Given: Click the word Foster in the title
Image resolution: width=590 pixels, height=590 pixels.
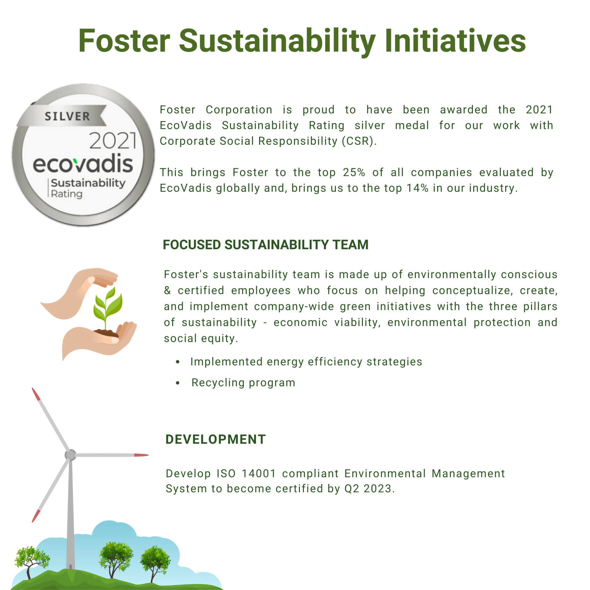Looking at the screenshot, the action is pyautogui.click(x=124, y=41).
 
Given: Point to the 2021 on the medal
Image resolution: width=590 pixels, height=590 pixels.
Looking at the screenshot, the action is pyautogui.click(x=113, y=140).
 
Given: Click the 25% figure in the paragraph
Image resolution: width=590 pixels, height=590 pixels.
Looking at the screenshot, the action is pyautogui.click(x=354, y=172).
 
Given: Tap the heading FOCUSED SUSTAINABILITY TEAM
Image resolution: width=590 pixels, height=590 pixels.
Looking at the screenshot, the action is pyautogui.click(x=265, y=245).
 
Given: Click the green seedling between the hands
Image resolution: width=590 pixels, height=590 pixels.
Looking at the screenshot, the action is pyautogui.click(x=108, y=307).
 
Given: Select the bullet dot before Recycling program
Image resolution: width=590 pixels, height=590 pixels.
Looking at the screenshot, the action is pyautogui.click(x=178, y=383).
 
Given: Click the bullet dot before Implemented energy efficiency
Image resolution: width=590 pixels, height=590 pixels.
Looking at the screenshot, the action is pyautogui.click(x=178, y=362).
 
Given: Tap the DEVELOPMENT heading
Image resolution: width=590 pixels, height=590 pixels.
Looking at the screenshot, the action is pyautogui.click(x=216, y=439).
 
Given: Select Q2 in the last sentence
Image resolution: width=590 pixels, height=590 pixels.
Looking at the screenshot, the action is pyautogui.click(x=351, y=489).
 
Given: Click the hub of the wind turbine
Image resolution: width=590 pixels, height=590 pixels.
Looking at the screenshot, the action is pyautogui.click(x=70, y=455).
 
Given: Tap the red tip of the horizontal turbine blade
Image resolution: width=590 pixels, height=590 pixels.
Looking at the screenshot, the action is pyautogui.click(x=141, y=455).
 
